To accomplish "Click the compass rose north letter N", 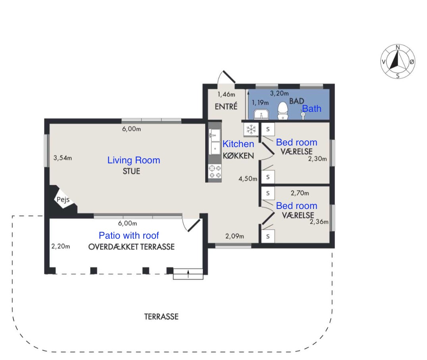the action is [398, 47].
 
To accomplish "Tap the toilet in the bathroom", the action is [283, 111].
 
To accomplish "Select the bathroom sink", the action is [261, 114].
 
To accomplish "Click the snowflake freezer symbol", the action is [251, 129].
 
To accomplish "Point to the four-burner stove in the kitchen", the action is [215, 172].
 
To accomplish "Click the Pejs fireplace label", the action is [63, 200].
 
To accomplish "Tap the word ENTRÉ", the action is [226, 106].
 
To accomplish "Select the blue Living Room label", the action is [133, 160].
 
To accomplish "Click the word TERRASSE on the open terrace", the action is [161, 316].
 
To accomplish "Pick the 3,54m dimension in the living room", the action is [63, 158].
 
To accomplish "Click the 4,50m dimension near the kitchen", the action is [248, 179].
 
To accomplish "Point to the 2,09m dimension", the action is [235, 236].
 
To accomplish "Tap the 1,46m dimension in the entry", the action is [226, 94].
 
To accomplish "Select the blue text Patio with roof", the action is [129, 236].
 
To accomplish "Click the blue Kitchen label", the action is [238, 144].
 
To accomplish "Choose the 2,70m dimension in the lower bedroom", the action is [300, 193].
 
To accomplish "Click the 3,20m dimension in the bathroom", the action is [279, 94].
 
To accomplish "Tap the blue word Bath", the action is [312, 109].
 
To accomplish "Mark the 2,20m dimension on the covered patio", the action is [61, 246].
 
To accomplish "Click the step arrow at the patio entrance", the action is [188, 274].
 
